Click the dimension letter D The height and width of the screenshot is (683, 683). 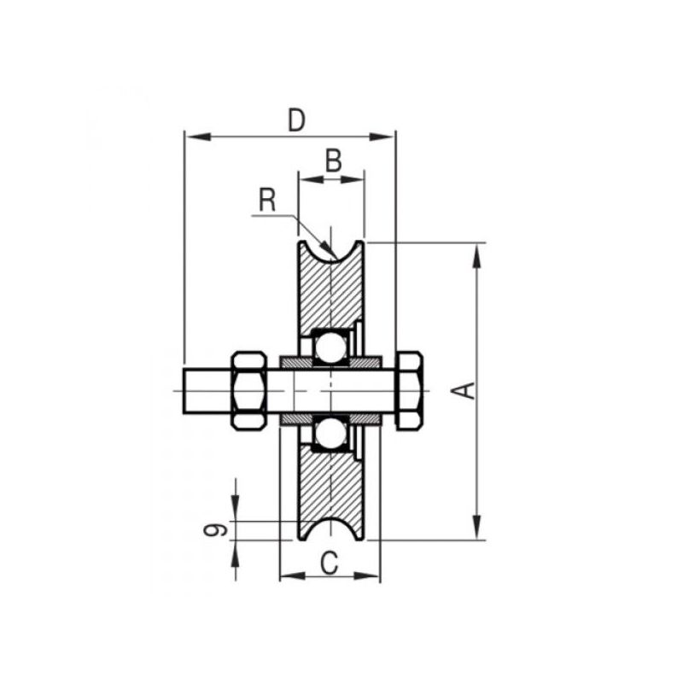[296, 120]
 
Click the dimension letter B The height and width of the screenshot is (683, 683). [334, 161]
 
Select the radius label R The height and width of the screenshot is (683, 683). [267, 200]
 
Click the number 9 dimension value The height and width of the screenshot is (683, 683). [216, 529]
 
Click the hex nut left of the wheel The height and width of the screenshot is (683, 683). [249, 391]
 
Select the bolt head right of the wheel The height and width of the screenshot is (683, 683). [409, 391]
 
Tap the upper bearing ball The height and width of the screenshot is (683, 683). [330, 347]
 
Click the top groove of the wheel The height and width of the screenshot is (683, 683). [331, 251]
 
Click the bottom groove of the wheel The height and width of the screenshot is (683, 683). [331, 529]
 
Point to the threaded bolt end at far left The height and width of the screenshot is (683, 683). [207, 391]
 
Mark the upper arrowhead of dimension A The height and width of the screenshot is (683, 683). [477, 255]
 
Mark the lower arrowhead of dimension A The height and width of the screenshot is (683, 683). [477, 528]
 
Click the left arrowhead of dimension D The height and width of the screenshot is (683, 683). [199, 137]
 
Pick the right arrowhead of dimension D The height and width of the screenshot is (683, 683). [381, 137]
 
